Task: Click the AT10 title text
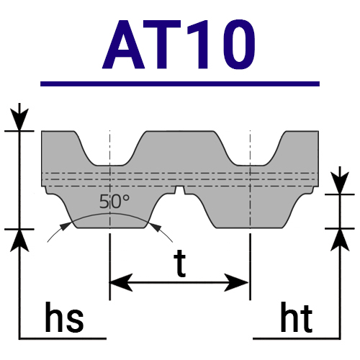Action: (x=179, y=45)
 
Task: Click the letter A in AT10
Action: (x=124, y=45)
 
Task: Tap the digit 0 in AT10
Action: (x=238, y=45)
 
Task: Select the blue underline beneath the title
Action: (x=180, y=84)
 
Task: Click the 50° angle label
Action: (x=114, y=202)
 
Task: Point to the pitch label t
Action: (x=180, y=264)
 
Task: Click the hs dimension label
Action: (x=64, y=317)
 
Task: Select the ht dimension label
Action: (x=297, y=318)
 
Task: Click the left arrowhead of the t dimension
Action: (x=121, y=282)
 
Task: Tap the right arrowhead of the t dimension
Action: (x=236, y=282)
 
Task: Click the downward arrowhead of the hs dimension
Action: (x=19, y=120)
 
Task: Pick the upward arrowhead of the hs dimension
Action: (x=19, y=240)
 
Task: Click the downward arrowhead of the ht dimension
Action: (x=340, y=183)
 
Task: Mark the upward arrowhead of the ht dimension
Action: (x=340, y=240)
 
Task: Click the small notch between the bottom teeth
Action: (x=180, y=189)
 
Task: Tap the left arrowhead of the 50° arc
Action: (x=66, y=226)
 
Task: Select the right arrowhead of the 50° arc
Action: (x=155, y=228)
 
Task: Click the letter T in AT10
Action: (x=163, y=45)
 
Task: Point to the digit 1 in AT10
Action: (x=199, y=45)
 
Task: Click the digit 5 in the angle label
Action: (x=104, y=202)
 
